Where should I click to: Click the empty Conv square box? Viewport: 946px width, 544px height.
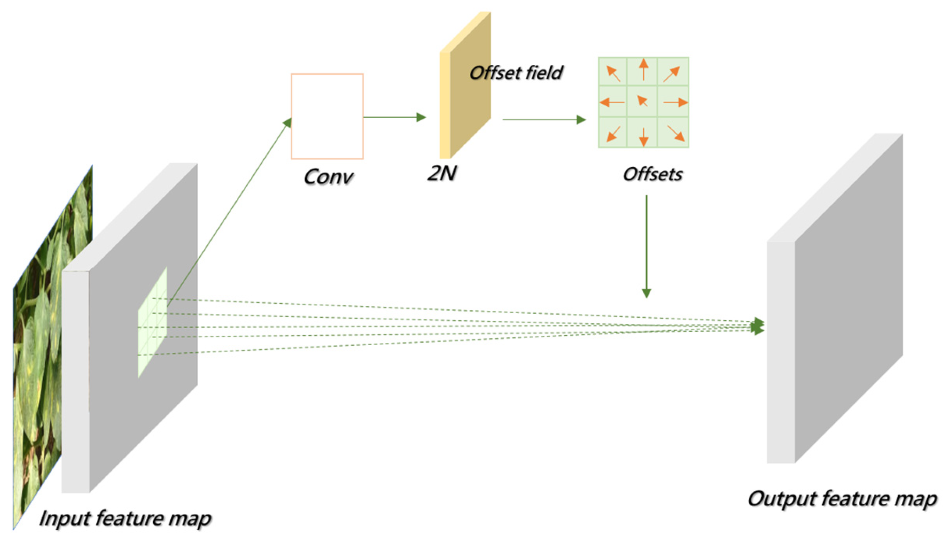(x=327, y=116)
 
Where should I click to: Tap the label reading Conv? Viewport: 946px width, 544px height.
(x=328, y=177)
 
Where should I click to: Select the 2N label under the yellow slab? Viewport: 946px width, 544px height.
(x=442, y=173)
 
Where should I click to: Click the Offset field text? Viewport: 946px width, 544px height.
(x=515, y=73)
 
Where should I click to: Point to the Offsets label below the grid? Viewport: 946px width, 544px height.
(x=652, y=174)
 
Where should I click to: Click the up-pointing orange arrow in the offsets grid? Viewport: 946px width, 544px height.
(x=643, y=70)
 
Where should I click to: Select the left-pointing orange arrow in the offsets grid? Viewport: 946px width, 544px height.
(x=612, y=102)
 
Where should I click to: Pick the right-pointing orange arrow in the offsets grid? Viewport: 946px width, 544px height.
(x=676, y=102)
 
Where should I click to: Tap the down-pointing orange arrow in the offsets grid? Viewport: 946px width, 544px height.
(x=643, y=137)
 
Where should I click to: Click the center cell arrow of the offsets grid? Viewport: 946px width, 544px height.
(x=642, y=101)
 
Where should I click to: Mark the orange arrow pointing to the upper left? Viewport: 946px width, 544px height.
(x=613, y=73)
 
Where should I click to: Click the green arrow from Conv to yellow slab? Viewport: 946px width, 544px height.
(x=395, y=117)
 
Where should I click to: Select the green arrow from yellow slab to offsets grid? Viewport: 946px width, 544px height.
(x=544, y=120)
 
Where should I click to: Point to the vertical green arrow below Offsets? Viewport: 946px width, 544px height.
(x=646, y=247)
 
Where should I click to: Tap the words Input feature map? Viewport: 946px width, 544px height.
(x=125, y=519)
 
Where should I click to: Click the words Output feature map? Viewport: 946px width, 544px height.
(x=842, y=499)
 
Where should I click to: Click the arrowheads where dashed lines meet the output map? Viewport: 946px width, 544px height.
(x=758, y=326)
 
